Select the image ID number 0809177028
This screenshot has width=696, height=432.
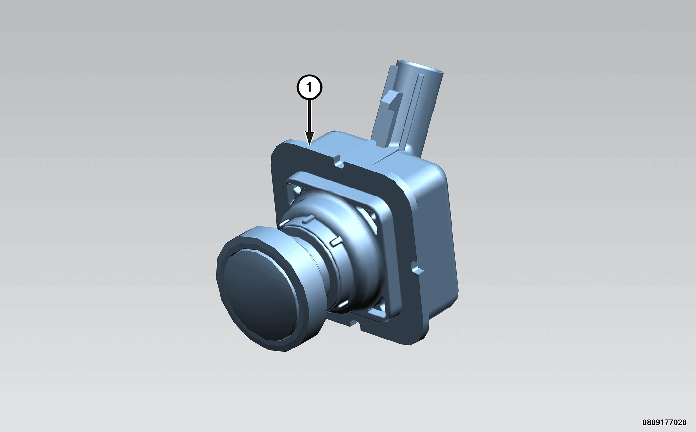(664, 423)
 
